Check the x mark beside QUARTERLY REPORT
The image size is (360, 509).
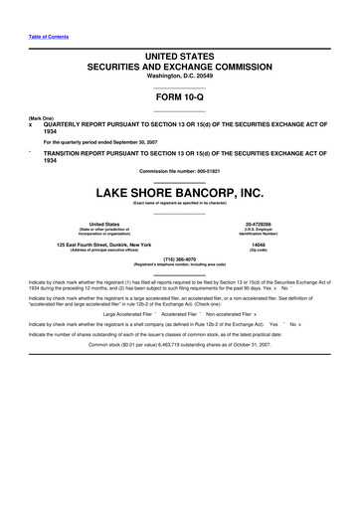[31, 126]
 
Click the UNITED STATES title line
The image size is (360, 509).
[180, 52]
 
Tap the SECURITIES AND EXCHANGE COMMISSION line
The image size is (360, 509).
[180, 64]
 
